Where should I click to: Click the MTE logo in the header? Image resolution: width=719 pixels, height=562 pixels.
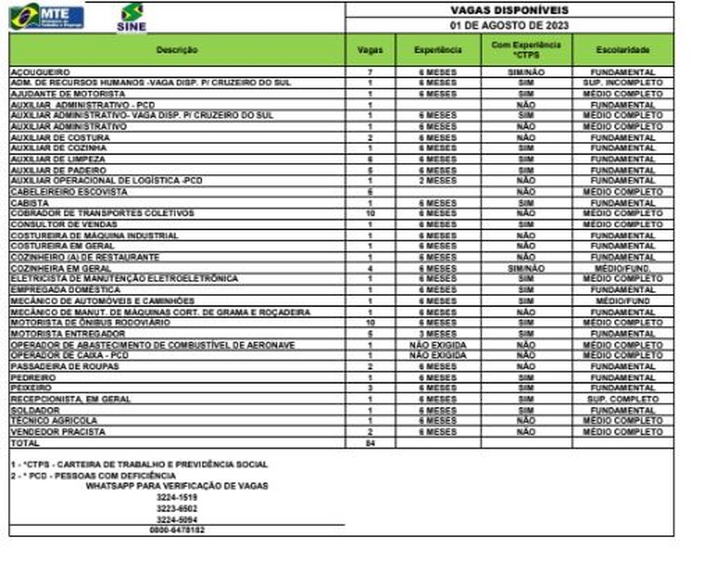[46, 16]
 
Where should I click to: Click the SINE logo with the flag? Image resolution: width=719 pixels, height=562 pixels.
[132, 18]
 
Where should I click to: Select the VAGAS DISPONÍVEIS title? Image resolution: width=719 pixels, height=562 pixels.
[509, 10]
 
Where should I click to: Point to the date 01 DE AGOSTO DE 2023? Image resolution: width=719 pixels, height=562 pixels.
[509, 25]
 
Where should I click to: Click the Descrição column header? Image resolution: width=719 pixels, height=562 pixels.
[177, 50]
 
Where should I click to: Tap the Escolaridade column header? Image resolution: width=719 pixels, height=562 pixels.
[623, 50]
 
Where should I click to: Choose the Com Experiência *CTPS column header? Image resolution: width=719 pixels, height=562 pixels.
[526, 50]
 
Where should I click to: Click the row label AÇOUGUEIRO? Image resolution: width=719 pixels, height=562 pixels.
[40, 72]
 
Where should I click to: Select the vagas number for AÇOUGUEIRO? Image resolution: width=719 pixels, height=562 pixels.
[370, 72]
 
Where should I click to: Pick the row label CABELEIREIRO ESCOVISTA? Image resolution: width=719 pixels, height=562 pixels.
[69, 191]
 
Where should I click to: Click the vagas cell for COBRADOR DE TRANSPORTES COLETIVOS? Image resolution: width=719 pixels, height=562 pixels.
[370, 213]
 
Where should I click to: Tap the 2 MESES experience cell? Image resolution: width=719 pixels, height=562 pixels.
[438, 181]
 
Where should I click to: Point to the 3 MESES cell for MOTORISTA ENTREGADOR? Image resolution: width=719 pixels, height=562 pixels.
[438, 333]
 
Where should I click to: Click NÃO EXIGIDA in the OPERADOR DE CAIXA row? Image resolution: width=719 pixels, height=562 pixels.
[438, 355]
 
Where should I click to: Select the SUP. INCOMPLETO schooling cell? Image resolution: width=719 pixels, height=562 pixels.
[623, 83]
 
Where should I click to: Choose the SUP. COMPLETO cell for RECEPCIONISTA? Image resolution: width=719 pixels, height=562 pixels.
[623, 399]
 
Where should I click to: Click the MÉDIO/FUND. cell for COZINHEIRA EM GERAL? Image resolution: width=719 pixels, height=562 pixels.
[623, 268]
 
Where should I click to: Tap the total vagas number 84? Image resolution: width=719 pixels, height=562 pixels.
[370, 443]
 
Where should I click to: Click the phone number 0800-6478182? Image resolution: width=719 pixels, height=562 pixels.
[177, 529]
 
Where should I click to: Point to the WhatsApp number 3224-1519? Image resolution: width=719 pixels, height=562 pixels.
[177, 497]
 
